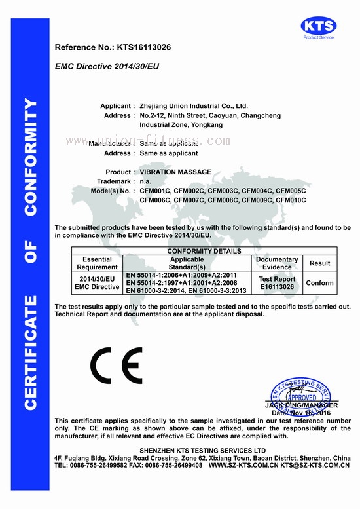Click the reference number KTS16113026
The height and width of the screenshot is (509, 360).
(143, 48)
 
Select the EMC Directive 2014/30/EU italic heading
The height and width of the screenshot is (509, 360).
(107, 67)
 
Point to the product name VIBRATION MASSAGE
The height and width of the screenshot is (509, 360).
(175, 172)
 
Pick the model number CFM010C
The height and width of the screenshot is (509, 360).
(291, 200)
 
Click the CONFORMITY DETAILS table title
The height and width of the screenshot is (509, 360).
(204, 251)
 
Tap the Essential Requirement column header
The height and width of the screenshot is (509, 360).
(97, 263)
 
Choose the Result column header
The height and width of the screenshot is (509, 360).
(319, 263)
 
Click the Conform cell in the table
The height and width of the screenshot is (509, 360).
(319, 283)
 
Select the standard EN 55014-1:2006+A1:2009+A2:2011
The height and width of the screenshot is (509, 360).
(177, 275)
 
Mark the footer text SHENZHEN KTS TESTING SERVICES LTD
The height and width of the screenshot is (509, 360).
(205, 451)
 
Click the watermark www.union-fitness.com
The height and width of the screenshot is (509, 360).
(147, 141)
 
